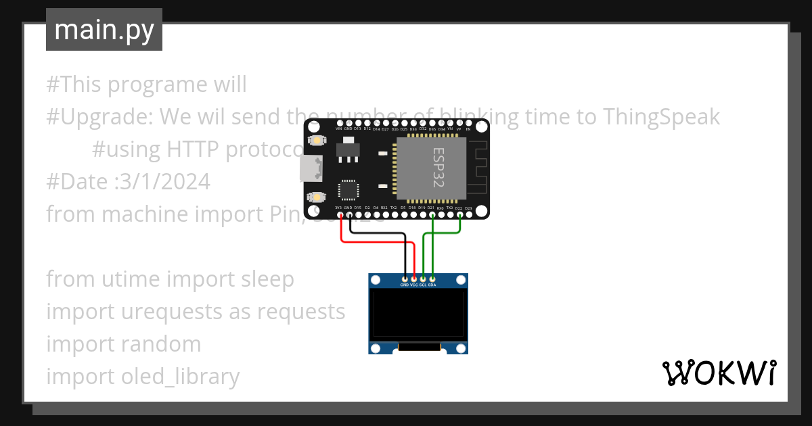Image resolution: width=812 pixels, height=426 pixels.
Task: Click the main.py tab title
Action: pos(104,30)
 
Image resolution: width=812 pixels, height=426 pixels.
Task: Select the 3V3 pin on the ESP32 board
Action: pos(340,216)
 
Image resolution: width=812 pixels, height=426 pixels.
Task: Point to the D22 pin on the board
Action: pos(459,216)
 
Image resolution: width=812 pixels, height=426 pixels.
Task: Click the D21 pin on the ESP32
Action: pos(432,216)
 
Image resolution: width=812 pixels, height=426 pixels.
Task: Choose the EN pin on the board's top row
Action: pos(468,126)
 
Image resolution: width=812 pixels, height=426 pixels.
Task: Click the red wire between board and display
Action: pos(376,242)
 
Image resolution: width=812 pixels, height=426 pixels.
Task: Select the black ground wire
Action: pos(379,234)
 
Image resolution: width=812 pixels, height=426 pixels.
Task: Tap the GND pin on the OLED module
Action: pos(405,279)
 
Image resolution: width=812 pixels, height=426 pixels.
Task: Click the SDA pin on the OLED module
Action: pos(432,279)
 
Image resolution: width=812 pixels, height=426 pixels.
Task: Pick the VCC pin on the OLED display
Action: pos(413,279)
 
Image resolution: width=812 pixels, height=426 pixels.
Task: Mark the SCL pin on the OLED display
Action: pos(423,279)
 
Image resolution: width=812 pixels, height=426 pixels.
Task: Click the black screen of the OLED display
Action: pos(418,315)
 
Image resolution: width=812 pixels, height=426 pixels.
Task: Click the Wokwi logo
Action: pos(719,373)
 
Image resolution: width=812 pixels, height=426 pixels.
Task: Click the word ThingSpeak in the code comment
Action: pos(661,117)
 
